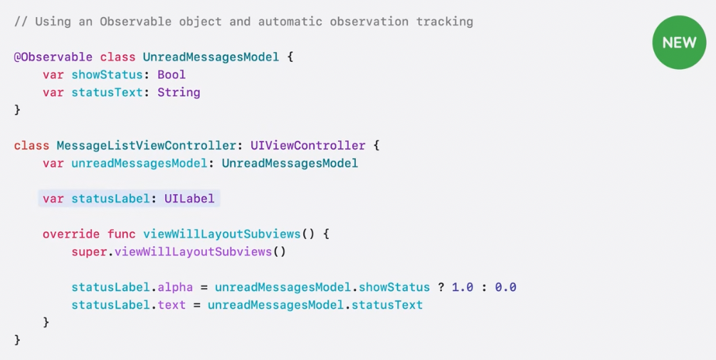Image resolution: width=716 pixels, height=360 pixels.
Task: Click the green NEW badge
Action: (679, 42)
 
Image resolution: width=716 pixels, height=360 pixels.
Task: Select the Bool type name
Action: (172, 75)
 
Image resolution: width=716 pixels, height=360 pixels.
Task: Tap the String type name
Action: (179, 92)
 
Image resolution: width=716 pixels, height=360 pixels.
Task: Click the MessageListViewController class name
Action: (146, 146)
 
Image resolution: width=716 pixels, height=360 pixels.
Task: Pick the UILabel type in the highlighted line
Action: (189, 198)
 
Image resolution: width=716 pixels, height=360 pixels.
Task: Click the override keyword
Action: (71, 234)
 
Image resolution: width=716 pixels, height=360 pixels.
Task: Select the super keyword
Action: (89, 252)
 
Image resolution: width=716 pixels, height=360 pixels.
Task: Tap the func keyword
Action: (121, 234)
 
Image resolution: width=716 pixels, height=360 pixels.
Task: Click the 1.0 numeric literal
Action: (462, 287)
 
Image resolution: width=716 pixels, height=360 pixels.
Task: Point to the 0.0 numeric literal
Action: (505, 287)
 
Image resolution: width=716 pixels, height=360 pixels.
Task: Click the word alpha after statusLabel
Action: (175, 287)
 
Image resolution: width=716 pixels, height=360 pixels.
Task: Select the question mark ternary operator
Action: (441, 287)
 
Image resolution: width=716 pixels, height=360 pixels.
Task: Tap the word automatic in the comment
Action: (290, 21)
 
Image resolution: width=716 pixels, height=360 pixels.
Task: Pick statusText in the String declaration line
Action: (107, 92)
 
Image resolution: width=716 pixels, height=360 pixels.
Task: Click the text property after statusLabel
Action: (172, 305)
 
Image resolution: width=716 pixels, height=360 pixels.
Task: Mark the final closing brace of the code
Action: (17, 340)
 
